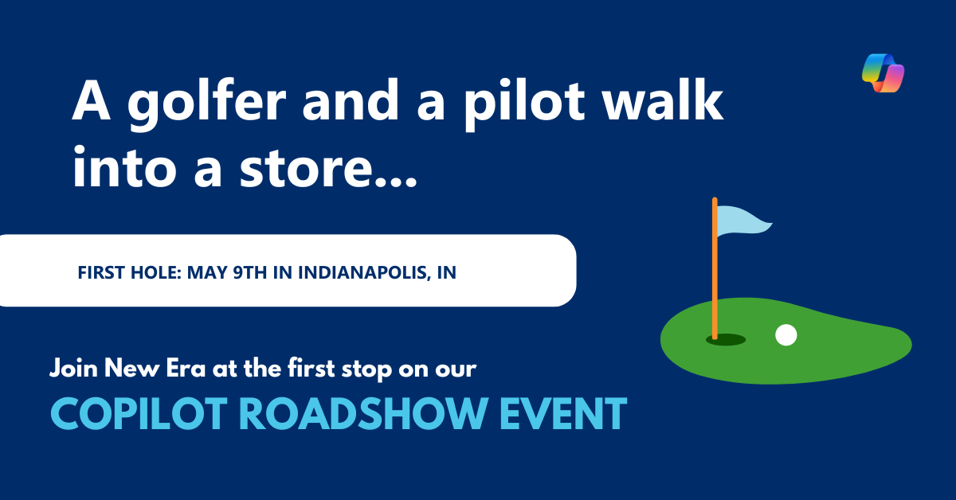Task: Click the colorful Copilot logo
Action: [884, 73]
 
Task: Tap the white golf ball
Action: [786, 335]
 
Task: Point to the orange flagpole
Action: [715, 271]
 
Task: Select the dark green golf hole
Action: [726, 340]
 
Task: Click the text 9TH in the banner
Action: [255, 272]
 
